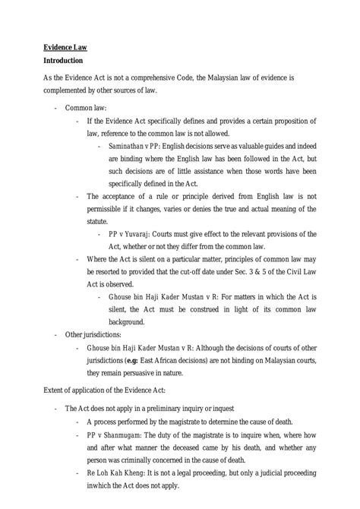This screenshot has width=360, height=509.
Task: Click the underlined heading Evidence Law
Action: pyautogui.click(x=65, y=46)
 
